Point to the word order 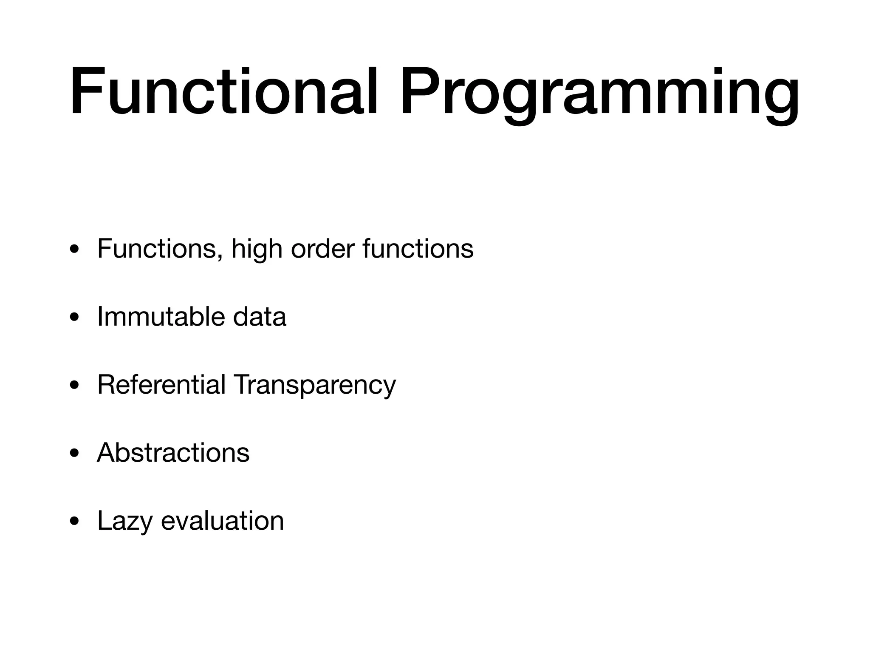pyautogui.click(x=322, y=249)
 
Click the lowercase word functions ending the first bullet pyautogui.click(x=418, y=249)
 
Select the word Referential pyautogui.click(x=161, y=385)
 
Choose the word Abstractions pyautogui.click(x=173, y=453)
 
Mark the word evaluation pyautogui.click(x=222, y=521)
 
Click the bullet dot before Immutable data pyautogui.click(x=75, y=318)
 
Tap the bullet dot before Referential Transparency pyautogui.click(x=75, y=386)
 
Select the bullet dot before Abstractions pyautogui.click(x=75, y=454)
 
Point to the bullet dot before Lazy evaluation pyautogui.click(x=75, y=522)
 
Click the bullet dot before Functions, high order pyautogui.click(x=75, y=250)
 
